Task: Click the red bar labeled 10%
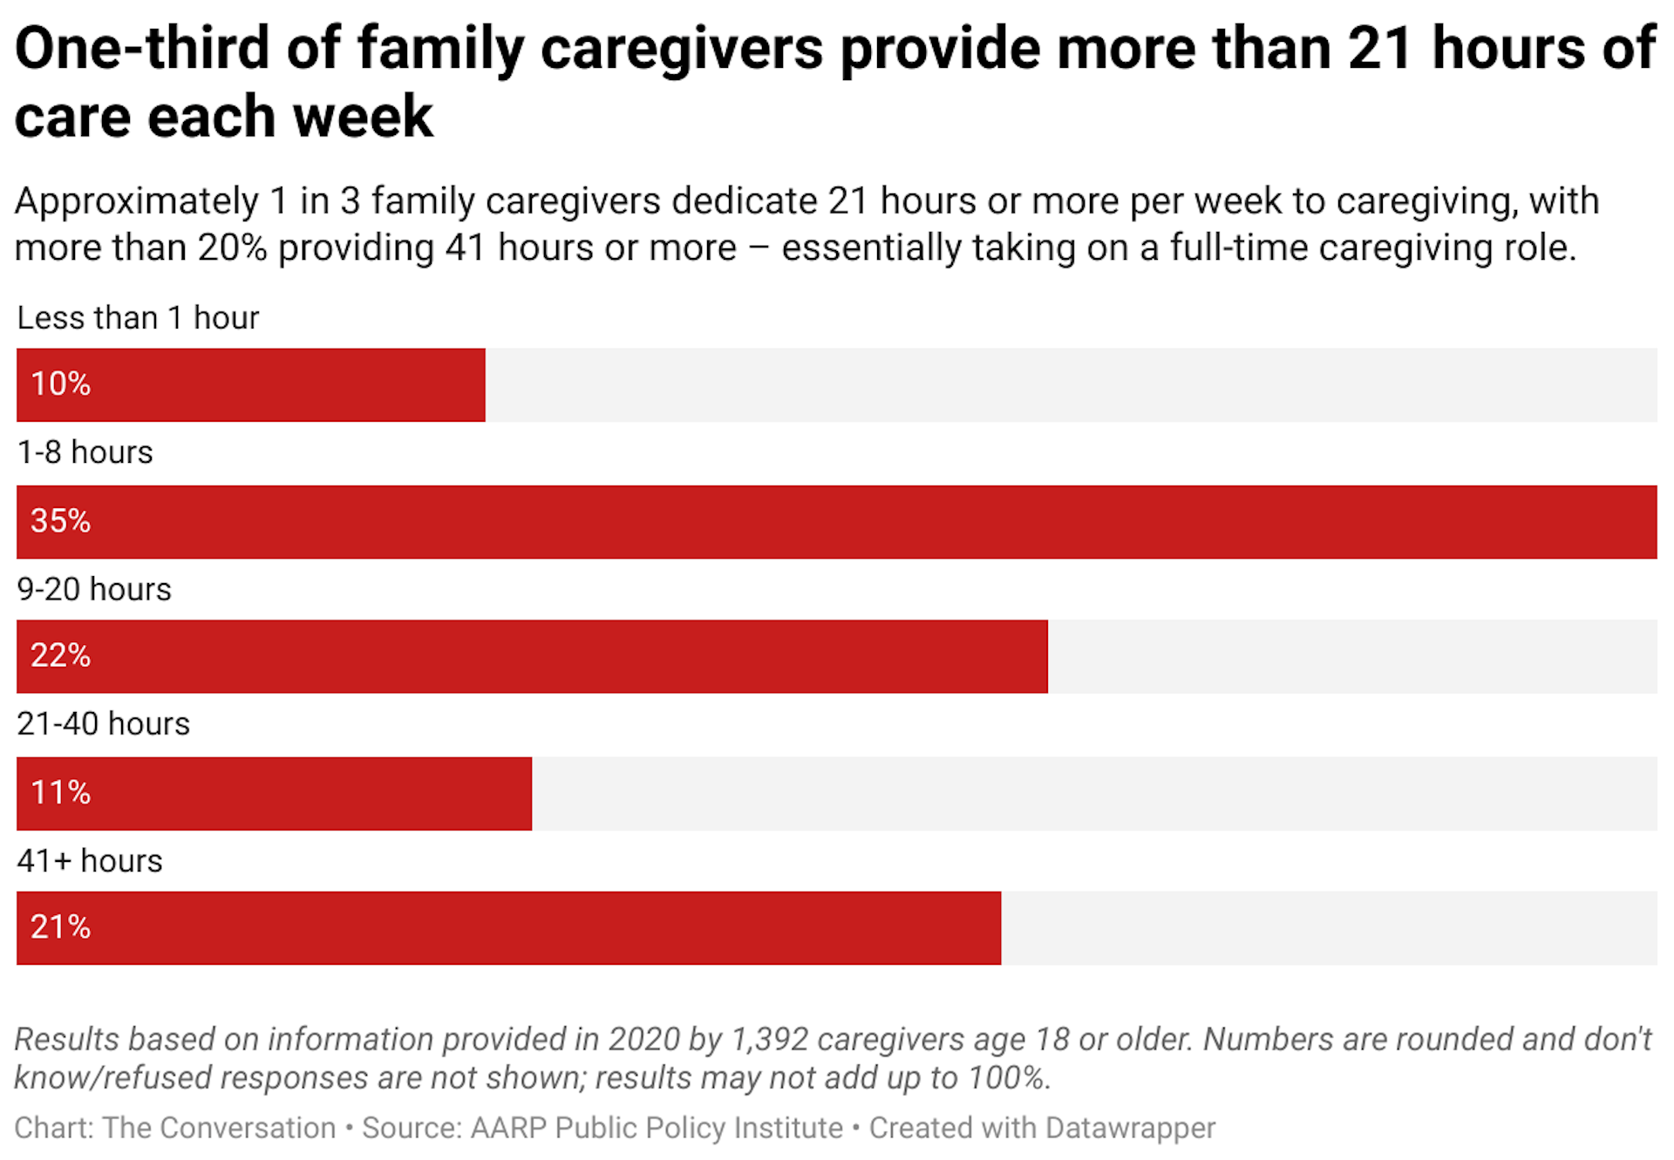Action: (x=251, y=384)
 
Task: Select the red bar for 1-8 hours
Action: (x=837, y=521)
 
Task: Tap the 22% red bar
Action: (x=532, y=656)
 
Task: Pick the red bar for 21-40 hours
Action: (x=274, y=793)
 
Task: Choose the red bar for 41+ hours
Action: (x=508, y=927)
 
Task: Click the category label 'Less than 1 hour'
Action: (x=138, y=318)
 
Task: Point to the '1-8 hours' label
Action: (x=85, y=452)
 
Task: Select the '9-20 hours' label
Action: (x=94, y=589)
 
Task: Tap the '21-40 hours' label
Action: (x=103, y=724)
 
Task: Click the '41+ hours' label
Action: (x=90, y=861)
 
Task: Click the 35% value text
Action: (x=60, y=521)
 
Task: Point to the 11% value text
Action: (x=60, y=793)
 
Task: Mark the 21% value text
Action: (x=60, y=927)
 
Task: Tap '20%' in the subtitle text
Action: (x=232, y=248)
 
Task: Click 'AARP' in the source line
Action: (x=508, y=1128)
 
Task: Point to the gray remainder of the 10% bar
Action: (x=1071, y=384)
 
